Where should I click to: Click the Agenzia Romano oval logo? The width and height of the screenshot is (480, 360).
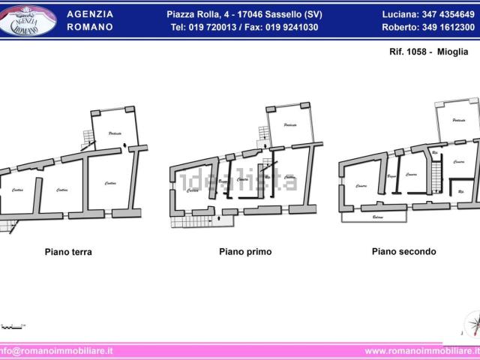tap(28, 20)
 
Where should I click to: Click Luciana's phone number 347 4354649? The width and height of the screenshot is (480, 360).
tap(447, 14)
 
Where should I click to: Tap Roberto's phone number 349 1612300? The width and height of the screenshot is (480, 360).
tap(447, 27)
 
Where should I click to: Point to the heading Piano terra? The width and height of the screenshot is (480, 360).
tap(67, 252)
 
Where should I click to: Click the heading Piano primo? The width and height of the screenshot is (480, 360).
tap(245, 252)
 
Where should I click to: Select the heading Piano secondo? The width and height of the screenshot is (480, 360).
tap(403, 252)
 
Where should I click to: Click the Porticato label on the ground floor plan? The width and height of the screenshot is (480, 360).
tap(115, 133)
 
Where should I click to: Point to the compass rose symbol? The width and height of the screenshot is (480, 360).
tap(472, 324)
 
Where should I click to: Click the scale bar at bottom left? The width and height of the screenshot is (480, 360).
tap(12, 326)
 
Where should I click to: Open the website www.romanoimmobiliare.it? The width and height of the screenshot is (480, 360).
tap(421, 350)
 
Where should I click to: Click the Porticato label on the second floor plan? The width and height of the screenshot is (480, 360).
tap(459, 120)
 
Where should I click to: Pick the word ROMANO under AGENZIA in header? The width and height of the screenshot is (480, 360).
tap(90, 27)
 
